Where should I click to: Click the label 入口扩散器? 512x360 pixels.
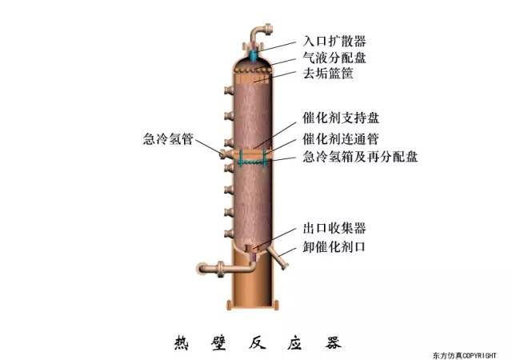point(334,41)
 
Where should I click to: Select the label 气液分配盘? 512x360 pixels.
point(334,58)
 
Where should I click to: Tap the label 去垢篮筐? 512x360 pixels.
point(328,73)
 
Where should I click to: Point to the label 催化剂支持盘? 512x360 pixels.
point(341,118)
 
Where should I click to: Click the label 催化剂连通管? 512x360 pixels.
point(341,139)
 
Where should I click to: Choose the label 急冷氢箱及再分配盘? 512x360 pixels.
point(360,157)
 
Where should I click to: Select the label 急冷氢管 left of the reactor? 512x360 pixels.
point(168,139)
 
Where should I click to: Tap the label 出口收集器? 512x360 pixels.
point(334,228)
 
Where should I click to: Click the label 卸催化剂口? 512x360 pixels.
point(334,246)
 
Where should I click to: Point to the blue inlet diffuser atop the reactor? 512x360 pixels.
point(253,55)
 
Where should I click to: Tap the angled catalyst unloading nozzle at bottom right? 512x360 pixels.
point(278,258)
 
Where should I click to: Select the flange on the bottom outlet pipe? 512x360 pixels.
point(222,269)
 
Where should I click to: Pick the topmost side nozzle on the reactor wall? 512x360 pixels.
point(229,90)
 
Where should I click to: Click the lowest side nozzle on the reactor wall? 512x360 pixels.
point(229,234)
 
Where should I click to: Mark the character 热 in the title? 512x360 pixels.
point(182,342)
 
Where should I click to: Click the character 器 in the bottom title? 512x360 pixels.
point(333,342)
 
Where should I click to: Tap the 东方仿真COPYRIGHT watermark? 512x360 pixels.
point(465,355)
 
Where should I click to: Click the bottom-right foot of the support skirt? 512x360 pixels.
point(276,305)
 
